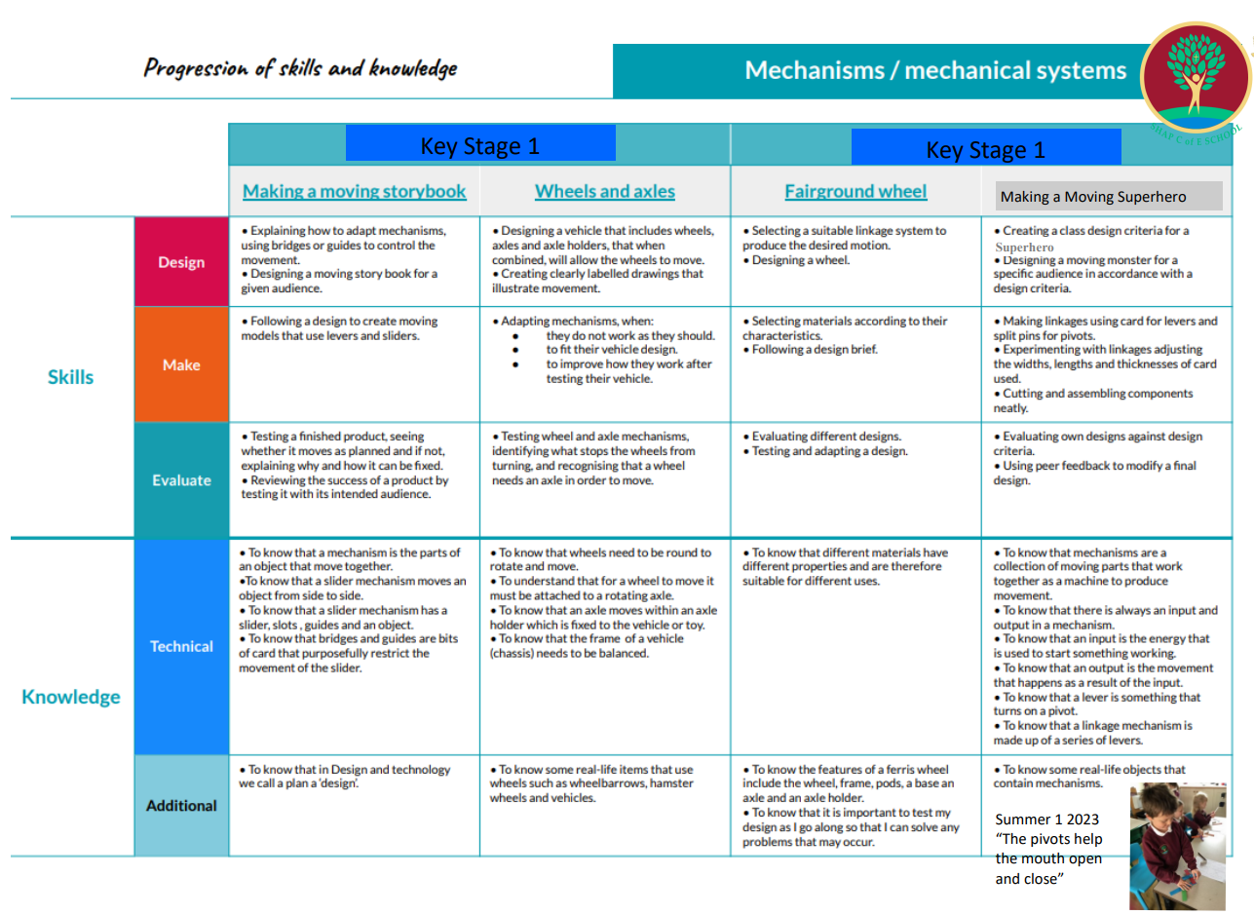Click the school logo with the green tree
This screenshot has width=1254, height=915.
pyautogui.click(x=1196, y=77)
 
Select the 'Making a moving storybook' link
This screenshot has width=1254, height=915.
pyautogui.click(x=354, y=192)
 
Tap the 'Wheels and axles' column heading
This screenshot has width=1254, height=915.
pyautogui.click(x=605, y=192)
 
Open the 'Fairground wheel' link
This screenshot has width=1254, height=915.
pyautogui.click(x=855, y=192)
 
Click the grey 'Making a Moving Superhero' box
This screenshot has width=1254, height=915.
pyautogui.click(x=1109, y=196)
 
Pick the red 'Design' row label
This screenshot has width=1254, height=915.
pyautogui.click(x=181, y=261)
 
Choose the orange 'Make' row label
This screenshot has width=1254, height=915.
pyautogui.click(x=181, y=364)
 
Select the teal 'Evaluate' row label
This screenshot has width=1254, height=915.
pyautogui.click(x=181, y=479)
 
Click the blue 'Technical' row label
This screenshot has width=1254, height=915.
pyautogui.click(x=181, y=646)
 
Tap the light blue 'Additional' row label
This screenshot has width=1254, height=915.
pyautogui.click(x=181, y=805)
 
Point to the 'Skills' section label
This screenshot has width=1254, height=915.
pyautogui.click(x=70, y=377)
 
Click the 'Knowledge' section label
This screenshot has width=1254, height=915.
pyautogui.click(x=71, y=697)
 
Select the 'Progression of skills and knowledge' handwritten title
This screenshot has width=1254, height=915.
pyautogui.click(x=300, y=68)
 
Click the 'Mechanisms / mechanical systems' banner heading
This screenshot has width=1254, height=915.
pyautogui.click(x=935, y=70)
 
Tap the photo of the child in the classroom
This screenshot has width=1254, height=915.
pyautogui.click(x=1177, y=846)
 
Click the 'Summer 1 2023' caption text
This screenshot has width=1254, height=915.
pyautogui.click(x=1046, y=820)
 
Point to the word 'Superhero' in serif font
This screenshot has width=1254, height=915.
pyautogui.click(x=1024, y=247)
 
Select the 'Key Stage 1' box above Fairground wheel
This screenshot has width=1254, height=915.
pyautogui.click(x=986, y=147)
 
